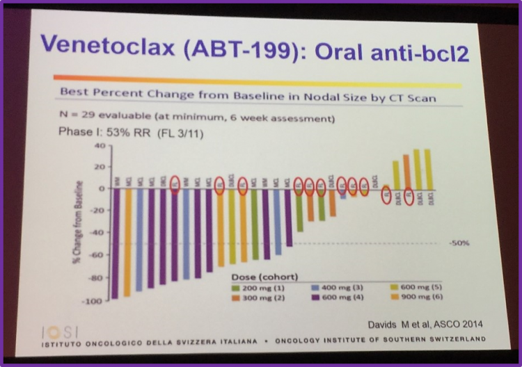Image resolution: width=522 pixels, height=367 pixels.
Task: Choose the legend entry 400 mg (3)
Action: click(x=333, y=286)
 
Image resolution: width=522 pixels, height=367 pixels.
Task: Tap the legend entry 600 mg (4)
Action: click(x=333, y=296)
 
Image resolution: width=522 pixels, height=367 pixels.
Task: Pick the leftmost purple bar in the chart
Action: click(x=115, y=243)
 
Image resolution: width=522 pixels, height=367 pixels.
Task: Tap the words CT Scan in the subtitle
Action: click(x=410, y=98)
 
